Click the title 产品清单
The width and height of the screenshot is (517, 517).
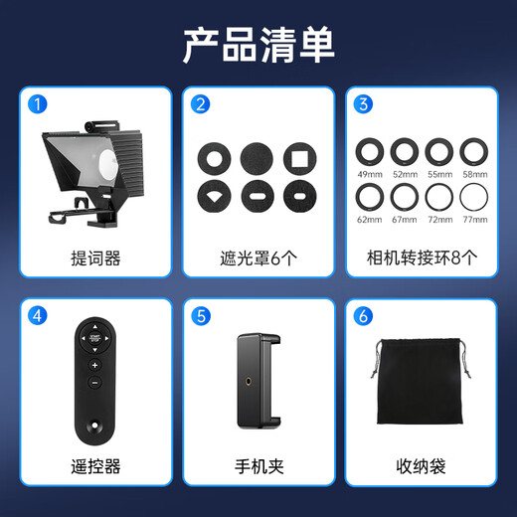(258, 45)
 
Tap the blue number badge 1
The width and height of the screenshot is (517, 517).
(37, 103)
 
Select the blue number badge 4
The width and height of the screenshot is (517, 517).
(37, 316)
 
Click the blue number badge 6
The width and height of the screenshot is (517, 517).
(363, 316)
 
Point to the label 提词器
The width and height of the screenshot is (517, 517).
(96, 258)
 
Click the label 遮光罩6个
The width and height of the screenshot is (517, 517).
(258, 258)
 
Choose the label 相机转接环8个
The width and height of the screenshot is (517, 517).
(422, 258)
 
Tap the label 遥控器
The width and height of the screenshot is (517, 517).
(96, 465)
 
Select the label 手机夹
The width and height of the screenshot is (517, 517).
(258, 465)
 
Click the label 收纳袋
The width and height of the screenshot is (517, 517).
(422, 465)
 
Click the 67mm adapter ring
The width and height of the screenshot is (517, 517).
(405, 194)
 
